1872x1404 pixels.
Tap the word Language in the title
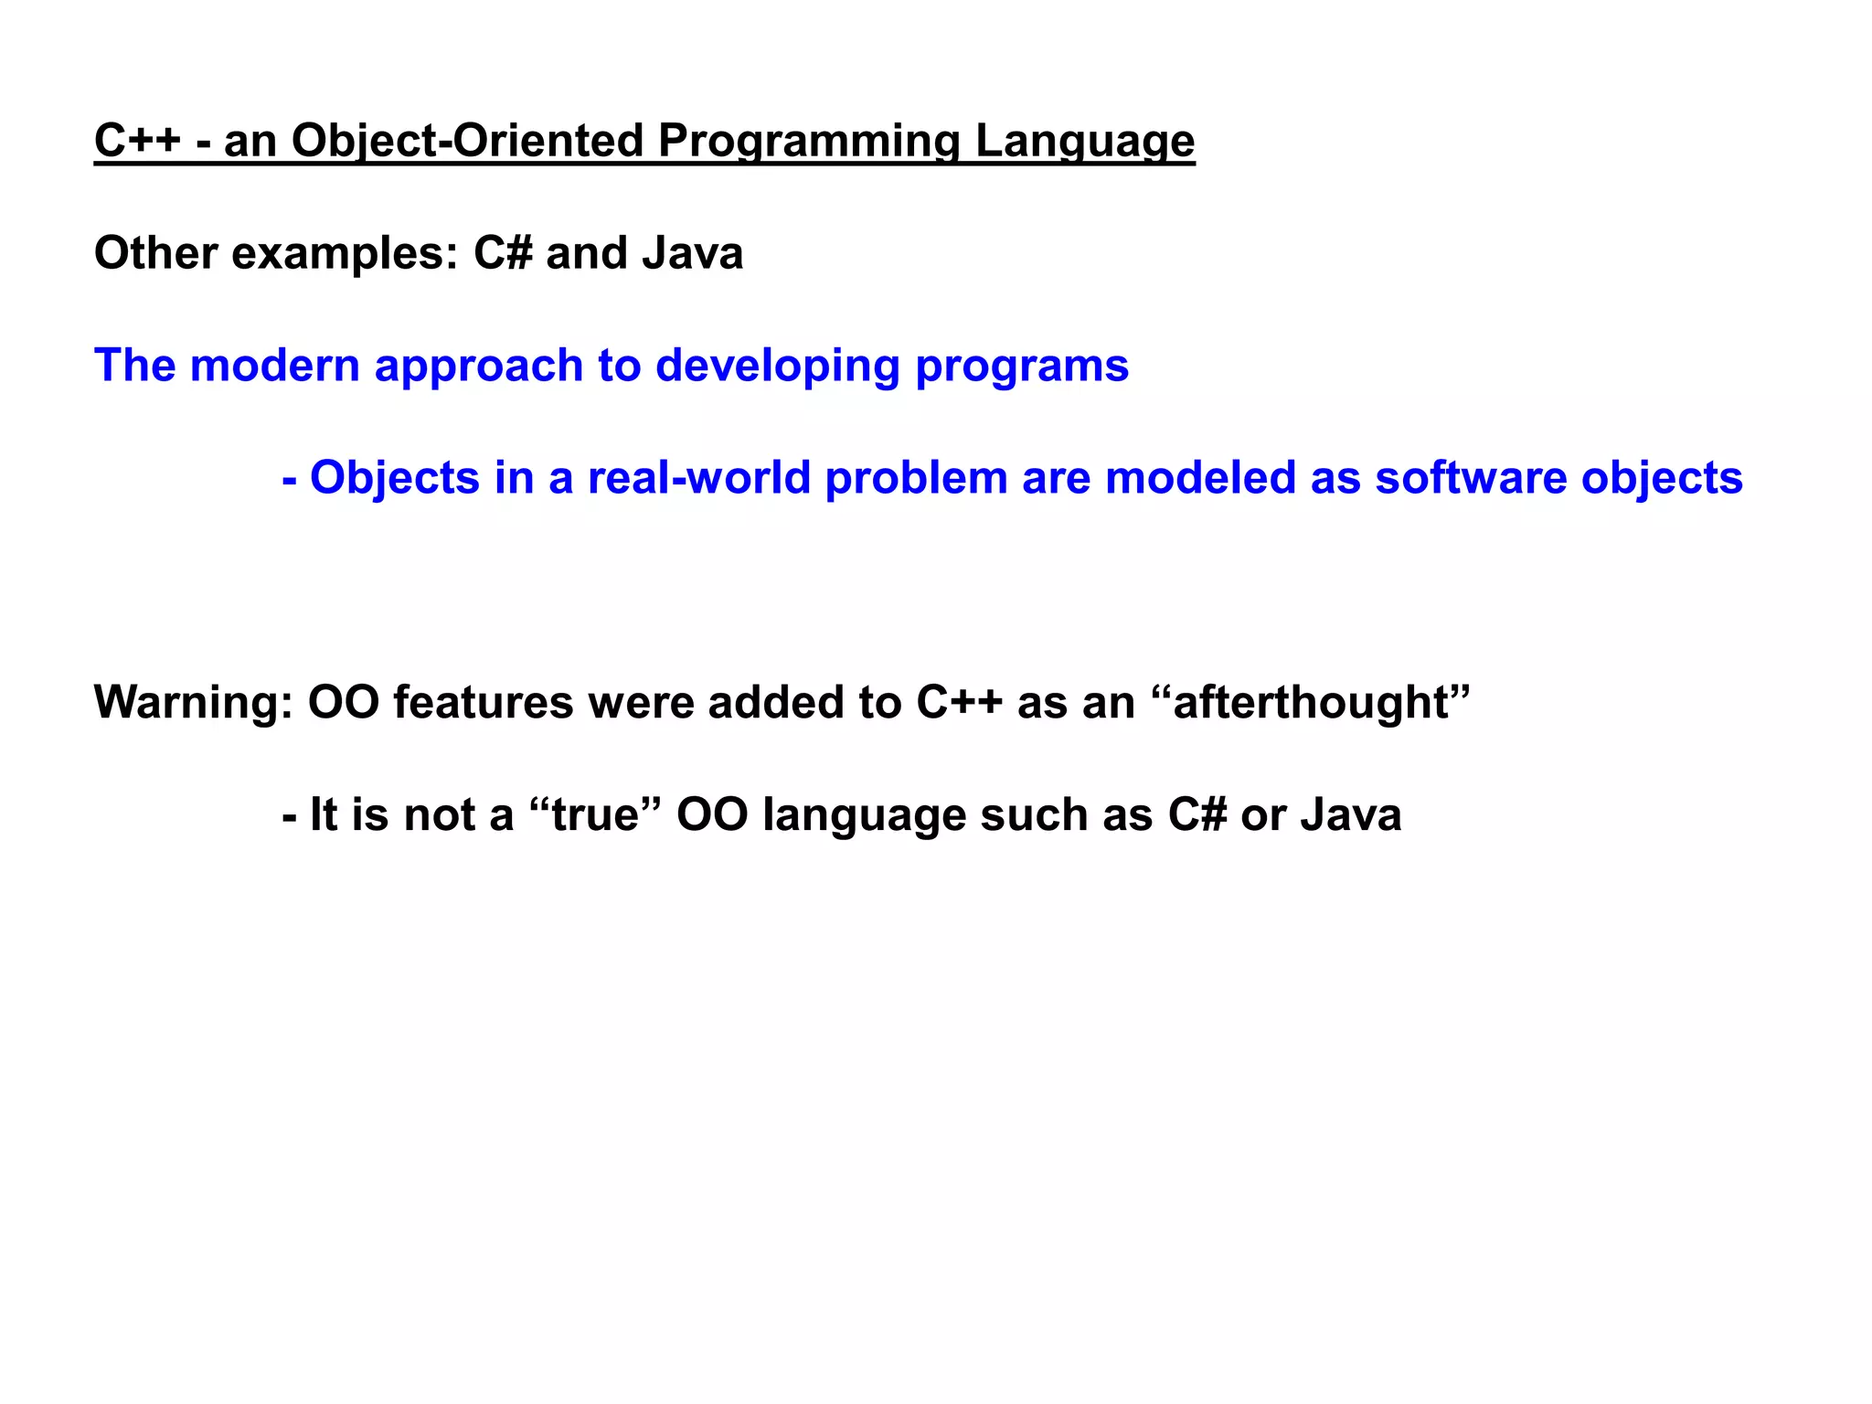(x=1084, y=142)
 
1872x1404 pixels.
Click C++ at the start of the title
(x=137, y=142)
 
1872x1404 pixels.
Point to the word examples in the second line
(x=344, y=254)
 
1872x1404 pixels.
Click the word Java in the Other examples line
(x=692, y=254)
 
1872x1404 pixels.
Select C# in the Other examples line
(x=503, y=254)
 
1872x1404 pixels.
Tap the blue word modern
(x=275, y=366)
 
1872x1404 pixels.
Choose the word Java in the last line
(x=1350, y=815)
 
